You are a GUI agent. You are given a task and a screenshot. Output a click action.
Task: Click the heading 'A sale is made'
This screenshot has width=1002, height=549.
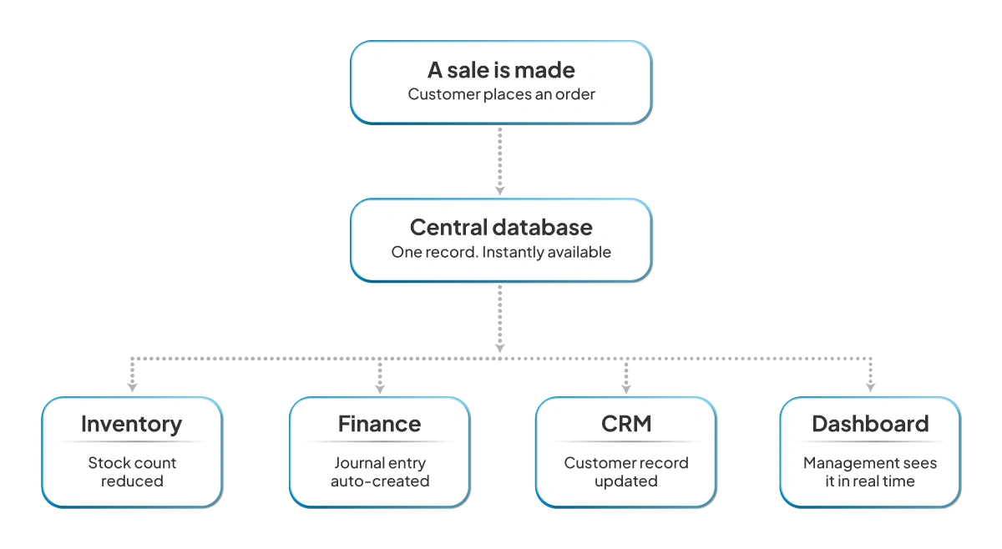click(x=501, y=70)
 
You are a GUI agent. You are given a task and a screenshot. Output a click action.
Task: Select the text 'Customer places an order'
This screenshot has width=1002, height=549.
click(x=501, y=94)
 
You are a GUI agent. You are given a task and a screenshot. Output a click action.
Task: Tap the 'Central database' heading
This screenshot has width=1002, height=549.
click(x=501, y=227)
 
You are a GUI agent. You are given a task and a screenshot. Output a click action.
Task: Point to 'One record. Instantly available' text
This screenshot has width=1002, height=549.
click(x=501, y=252)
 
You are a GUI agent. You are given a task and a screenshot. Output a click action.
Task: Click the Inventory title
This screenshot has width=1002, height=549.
click(x=131, y=424)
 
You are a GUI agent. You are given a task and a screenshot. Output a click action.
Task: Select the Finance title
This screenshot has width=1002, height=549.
click(x=379, y=424)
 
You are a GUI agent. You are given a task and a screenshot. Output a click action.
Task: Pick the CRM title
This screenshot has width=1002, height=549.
click(x=625, y=424)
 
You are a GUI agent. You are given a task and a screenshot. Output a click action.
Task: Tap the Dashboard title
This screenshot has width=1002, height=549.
click(x=869, y=424)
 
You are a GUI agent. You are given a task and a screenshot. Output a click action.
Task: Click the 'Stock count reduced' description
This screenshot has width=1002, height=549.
click(x=132, y=471)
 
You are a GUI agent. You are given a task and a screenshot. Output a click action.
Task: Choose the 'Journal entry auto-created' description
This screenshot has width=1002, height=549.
click(x=379, y=471)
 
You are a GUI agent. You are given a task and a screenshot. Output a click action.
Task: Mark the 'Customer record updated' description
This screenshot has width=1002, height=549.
click(x=625, y=471)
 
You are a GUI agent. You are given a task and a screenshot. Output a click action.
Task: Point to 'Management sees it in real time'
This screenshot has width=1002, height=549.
click(x=869, y=471)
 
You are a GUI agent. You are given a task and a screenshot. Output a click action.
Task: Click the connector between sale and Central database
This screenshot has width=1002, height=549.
click(x=500, y=162)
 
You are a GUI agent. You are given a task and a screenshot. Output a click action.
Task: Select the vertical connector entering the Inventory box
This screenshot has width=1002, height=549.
click(x=132, y=378)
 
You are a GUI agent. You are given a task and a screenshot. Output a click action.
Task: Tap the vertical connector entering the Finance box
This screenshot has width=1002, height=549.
click(x=380, y=378)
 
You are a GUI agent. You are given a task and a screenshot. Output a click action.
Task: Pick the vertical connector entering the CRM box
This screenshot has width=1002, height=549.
click(x=626, y=378)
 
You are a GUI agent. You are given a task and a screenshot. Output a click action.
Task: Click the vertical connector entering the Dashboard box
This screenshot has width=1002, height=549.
click(x=869, y=378)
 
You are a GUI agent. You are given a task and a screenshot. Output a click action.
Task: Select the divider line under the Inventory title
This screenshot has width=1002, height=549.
click(x=131, y=442)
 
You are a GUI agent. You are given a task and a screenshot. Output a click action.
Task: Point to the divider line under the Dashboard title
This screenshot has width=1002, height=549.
click(x=869, y=442)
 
